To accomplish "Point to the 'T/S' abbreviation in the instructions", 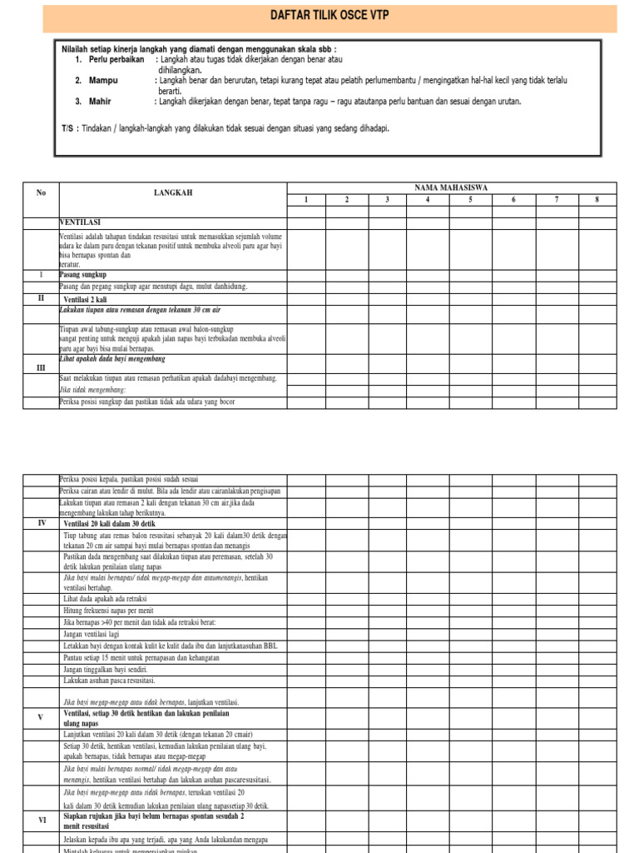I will point(67,129).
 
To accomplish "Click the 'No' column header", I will point(41,193).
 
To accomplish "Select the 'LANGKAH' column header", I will point(173,193).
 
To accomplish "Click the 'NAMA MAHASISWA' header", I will point(451,188).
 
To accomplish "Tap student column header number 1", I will point(305,200).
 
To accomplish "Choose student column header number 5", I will point(471,200).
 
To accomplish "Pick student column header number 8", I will point(597,200).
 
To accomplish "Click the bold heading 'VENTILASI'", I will point(81,223).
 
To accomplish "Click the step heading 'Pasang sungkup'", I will point(83,274).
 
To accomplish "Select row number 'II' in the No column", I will point(41,297).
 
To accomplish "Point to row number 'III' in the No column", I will point(41,367).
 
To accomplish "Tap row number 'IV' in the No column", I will point(41,522).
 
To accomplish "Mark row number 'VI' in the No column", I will point(41,821).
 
